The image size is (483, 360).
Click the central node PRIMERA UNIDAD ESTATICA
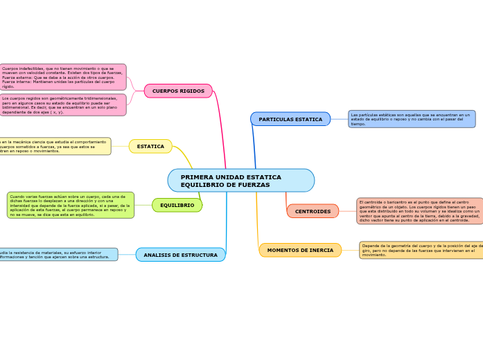(240, 180)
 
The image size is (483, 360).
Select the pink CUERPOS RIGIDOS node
(178, 91)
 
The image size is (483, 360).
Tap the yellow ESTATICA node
(150, 146)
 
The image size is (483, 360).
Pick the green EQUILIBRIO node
(177, 205)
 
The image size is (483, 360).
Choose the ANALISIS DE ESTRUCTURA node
(180, 255)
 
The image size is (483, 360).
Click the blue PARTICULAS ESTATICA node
(290, 119)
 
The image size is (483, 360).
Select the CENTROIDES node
(313, 211)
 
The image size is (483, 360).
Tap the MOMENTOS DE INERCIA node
(300, 250)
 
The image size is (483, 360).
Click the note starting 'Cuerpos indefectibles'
(62, 77)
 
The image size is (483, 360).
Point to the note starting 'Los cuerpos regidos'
(62, 105)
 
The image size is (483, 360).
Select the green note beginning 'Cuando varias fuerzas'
(70, 205)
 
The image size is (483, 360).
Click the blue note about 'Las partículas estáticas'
(412, 119)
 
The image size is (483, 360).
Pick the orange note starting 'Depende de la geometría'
(421, 250)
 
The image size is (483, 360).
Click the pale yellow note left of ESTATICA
(54, 146)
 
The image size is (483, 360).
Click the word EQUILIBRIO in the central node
(202, 185)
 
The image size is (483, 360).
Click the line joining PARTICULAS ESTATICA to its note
(339, 119)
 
